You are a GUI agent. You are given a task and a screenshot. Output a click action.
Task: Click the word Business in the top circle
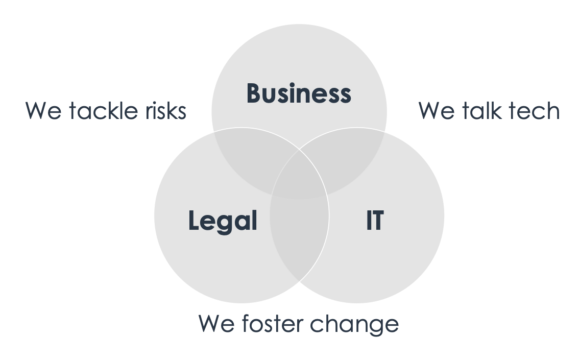tap(299, 93)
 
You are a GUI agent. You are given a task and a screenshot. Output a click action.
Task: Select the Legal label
tap(223, 221)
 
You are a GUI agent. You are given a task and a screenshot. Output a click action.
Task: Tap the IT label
tap(375, 221)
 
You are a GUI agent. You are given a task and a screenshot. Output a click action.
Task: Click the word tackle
tap(103, 110)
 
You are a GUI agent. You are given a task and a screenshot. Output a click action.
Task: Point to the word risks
tap(166, 110)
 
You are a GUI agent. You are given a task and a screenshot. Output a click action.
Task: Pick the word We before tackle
tap(43, 111)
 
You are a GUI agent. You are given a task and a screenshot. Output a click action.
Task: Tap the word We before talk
tap(436, 111)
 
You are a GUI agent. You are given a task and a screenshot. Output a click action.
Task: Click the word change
tap(354, 325)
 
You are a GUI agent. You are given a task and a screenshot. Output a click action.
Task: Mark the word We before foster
tap(216, 324)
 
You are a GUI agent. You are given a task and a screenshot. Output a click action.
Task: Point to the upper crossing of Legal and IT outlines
tap(299, 150)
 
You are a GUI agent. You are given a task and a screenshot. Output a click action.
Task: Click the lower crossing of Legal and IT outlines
tap(299, 281)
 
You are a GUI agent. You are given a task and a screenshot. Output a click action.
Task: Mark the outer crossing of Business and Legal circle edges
tap(214, 132)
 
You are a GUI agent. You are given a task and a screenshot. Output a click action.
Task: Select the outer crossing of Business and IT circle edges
tap(384, 132)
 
